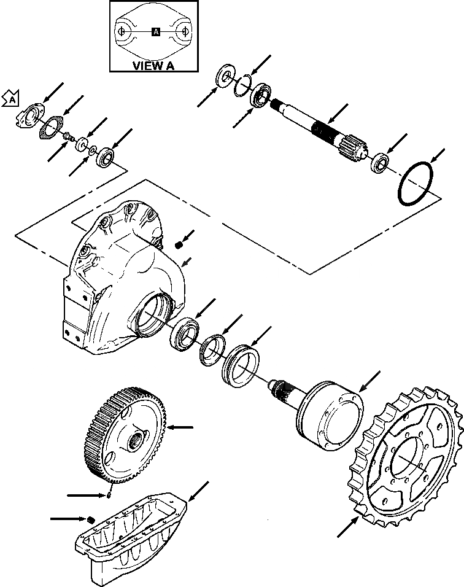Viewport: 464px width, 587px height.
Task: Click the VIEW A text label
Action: [x=153, y=66]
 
